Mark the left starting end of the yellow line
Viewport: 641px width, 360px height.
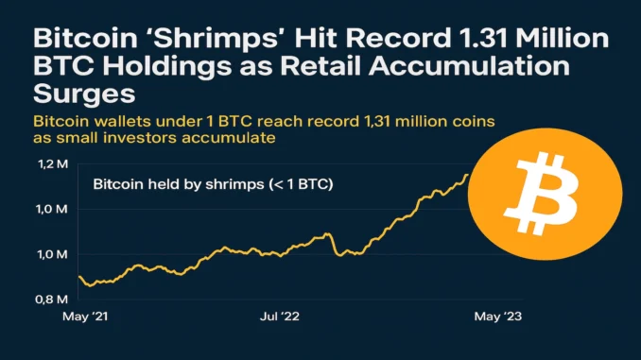(x=78, y=277)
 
